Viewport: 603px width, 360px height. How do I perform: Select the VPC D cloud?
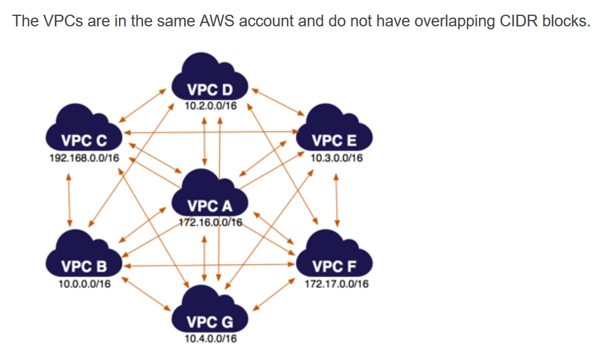(210, 81)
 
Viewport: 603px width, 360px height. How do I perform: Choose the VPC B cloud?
(84, 259)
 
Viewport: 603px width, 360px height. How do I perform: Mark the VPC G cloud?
(210, 314)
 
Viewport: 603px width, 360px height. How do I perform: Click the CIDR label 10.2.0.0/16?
(210, 106)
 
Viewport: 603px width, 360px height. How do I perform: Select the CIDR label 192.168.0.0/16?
(84, 158)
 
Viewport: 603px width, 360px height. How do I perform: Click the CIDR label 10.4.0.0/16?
(210, 339)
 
